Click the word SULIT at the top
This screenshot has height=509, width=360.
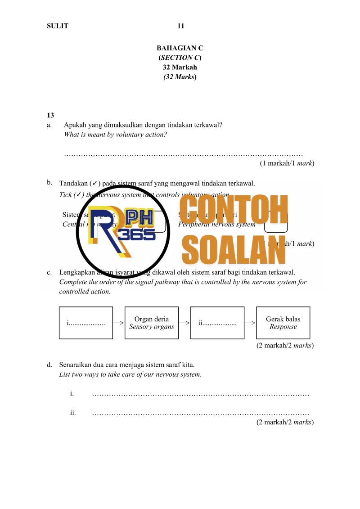[58, 26]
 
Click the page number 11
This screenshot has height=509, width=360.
[180, 26]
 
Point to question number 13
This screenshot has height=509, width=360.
[50, 115]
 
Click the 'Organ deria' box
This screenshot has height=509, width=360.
[152, 323]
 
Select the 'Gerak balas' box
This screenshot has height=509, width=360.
[283, 323]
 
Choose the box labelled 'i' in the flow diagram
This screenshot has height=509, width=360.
[86, 323]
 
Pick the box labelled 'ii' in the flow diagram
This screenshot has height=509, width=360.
[217, 323]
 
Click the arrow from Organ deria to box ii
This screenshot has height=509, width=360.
[184, 323]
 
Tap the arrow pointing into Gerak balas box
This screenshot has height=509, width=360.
[250, 323]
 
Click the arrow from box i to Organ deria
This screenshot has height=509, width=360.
[119, 323]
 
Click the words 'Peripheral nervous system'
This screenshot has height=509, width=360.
[217, 224]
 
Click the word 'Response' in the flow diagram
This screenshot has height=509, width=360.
[283, 327]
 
